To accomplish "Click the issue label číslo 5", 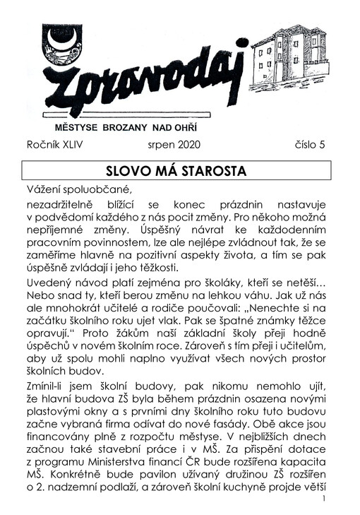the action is (311, 146).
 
